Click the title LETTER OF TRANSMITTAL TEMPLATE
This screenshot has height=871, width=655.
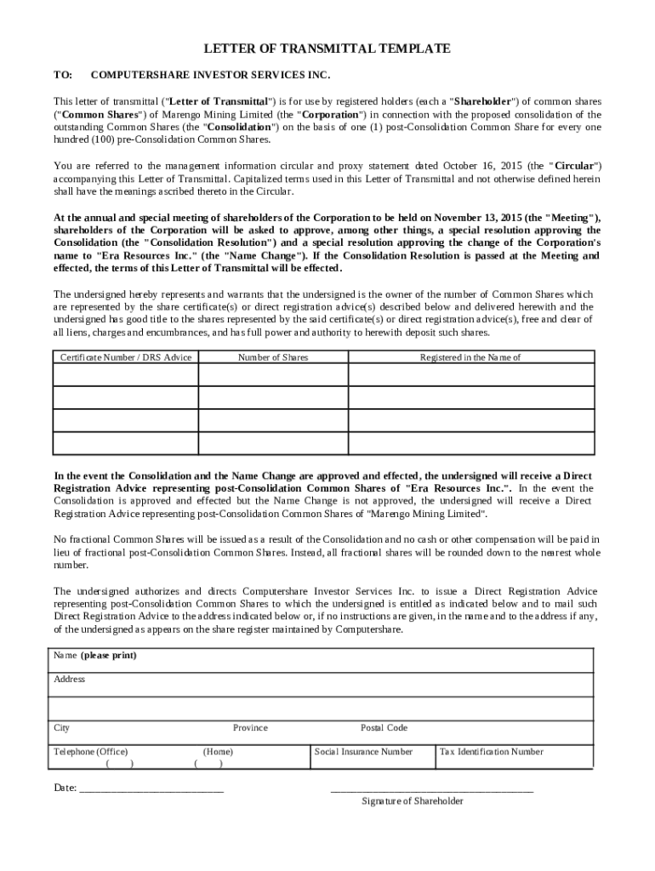coord(327,49)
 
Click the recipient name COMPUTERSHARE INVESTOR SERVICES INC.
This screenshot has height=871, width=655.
coord(209,76)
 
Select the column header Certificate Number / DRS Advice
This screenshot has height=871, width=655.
coord(126,357)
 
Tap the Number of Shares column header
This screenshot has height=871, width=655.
coord(273,357)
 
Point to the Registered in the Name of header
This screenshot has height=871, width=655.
coord(470,357)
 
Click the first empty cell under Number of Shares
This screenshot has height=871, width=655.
coord(273,375)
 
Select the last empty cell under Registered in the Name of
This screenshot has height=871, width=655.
coord(470,444)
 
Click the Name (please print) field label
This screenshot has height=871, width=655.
coord(95,656)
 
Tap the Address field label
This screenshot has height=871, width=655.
coord(70,680)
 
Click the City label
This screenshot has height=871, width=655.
coord(62,728)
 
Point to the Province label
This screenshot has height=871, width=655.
coord(250,728)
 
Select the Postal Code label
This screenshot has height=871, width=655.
coord(384,728)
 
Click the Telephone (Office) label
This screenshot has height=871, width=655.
coord(91,752)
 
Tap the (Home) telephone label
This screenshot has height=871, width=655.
coord(219,752)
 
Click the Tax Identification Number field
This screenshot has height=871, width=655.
coord(490,752)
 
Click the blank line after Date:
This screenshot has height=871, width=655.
coord(151,788)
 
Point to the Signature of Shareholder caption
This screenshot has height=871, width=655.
coord(413,801)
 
